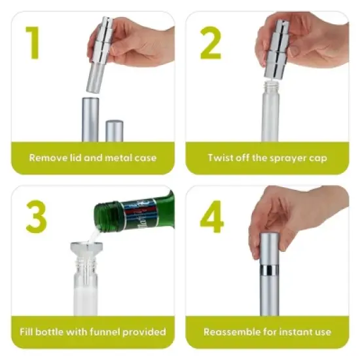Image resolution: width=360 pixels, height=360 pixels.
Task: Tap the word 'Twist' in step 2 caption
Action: point(221,158)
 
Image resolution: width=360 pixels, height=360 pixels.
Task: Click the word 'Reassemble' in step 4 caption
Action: point(230,332)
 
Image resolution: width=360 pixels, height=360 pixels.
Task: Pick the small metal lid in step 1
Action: point(115,130)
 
